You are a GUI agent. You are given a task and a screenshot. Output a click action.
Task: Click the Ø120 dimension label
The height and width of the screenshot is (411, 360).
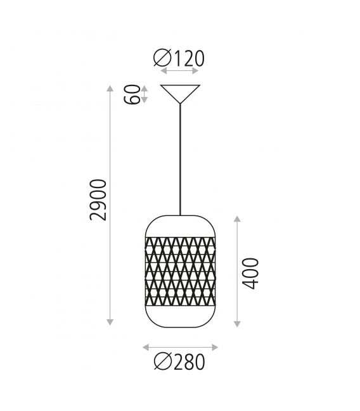pos(179,58)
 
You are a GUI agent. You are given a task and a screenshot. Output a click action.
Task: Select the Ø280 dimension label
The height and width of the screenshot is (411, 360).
pos(179,362)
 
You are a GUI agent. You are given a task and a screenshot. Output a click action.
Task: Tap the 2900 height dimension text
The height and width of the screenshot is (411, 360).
pos(98,199)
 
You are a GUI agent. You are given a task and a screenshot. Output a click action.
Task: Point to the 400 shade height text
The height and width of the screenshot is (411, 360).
pos(250,274)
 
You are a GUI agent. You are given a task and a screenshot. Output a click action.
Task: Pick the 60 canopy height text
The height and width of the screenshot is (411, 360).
pos(132,94)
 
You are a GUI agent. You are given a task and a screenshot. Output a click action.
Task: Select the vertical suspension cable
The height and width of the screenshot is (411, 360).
pos(180,160)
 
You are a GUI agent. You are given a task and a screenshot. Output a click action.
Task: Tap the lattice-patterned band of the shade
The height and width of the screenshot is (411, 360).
pos(180,271)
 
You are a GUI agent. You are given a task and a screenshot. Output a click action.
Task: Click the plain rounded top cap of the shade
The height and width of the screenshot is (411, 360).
pos(180,226)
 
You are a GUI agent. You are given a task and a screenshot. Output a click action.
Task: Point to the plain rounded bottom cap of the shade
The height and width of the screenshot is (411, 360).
pos(180,317)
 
